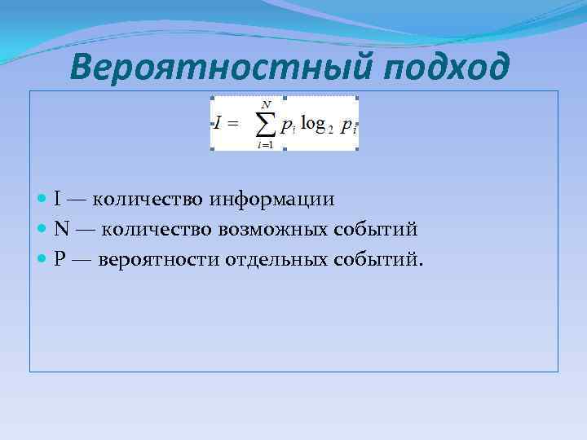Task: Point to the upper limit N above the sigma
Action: click(x=266, y=103)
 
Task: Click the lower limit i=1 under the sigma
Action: click(x=264, y=144)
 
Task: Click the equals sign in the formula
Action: click(x=232, y=123)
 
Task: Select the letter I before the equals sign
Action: click(x=218, y=123)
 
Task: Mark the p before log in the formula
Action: click(x=286, y=125)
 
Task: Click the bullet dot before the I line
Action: click(x=42, y=200)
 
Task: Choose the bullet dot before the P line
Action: click(x=42, y=260)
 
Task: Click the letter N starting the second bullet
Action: click(x=61, y=229)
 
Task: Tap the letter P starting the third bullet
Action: click(x=60, y=259)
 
